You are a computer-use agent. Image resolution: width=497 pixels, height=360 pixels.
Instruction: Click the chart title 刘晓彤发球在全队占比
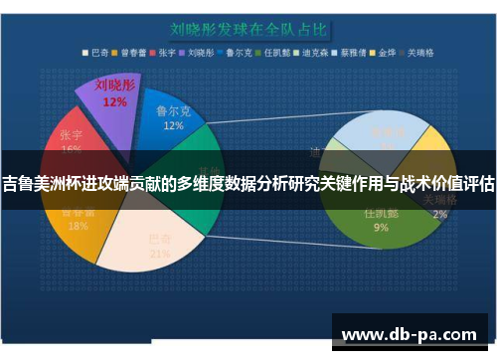248,19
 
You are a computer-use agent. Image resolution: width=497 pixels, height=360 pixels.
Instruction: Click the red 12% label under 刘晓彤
113,101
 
